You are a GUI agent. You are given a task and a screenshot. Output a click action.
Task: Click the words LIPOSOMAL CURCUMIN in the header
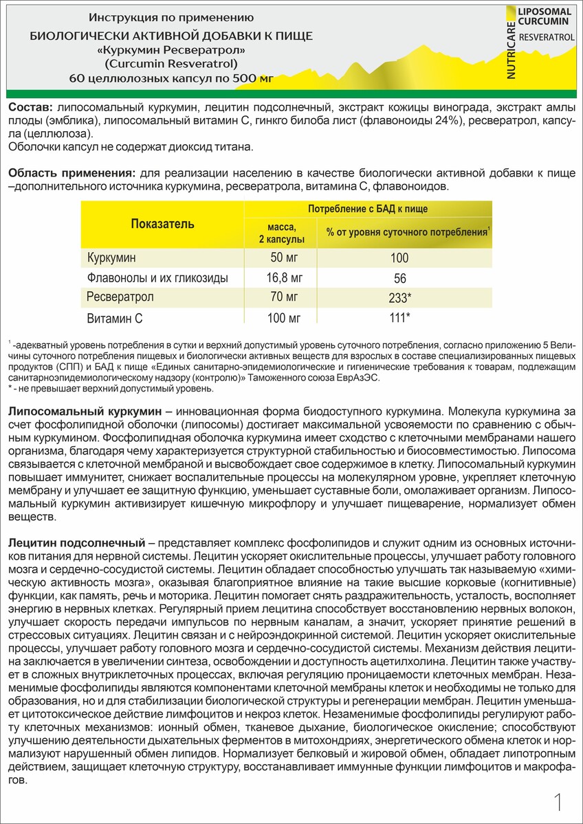point(544,17)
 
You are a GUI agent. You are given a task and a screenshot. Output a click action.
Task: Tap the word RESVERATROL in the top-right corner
point(547,36)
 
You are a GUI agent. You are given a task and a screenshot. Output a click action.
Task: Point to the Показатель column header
point(162,224)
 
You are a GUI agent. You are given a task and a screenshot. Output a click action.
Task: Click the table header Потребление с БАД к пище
point(367,209)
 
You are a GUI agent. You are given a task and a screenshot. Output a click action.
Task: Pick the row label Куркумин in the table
point(112,257)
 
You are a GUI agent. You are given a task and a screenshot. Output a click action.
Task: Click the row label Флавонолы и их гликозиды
point(157,278)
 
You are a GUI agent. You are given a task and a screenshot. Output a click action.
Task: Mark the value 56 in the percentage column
point(400,279)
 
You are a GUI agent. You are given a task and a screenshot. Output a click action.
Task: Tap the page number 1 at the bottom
point(558,801)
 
